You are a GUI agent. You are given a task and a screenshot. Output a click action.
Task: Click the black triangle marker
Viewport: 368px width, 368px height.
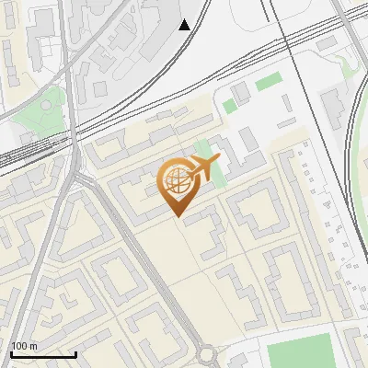pyautogui.click(x=185, y=24)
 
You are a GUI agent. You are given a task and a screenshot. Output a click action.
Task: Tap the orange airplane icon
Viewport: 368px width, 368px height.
pyautogui.click(x=203, y=167)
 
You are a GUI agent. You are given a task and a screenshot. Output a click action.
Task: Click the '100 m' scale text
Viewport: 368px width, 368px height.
pyautogui.click(x=24, y=346)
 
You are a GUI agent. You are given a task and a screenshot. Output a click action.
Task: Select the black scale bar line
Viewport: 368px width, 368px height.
pyautogui.click(x=43, y=354)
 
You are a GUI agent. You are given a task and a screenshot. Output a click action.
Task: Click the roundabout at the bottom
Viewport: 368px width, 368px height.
pyautogui.click(x=205, y=354)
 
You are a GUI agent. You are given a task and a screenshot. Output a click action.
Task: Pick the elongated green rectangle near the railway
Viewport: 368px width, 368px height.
pyautogui.click(x=267, y=83)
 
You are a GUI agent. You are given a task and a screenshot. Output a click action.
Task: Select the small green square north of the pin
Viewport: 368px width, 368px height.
pyautogui.click(x=229, y=107)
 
